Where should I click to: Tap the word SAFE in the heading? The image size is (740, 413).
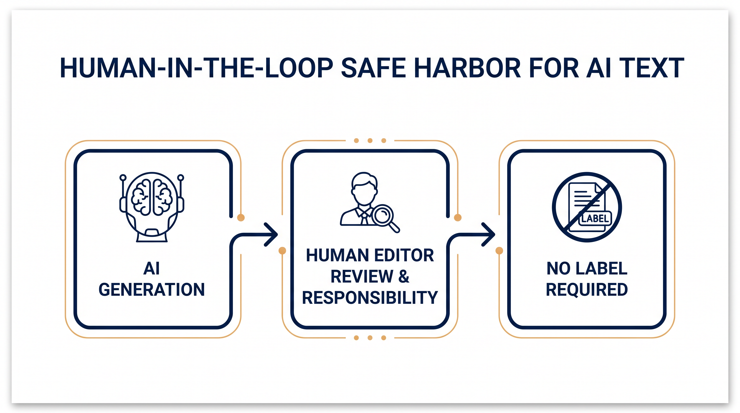(373, 68)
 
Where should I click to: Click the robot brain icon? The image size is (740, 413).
(152, 207)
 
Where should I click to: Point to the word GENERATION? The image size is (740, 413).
(152, 290)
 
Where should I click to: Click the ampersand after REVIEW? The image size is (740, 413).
(404, 276)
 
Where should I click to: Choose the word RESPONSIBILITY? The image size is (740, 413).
(370, 298)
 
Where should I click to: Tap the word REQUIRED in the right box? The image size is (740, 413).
(587, 290)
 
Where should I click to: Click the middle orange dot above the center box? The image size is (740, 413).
(370, 140)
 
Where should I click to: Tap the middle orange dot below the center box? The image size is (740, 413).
(370, 338)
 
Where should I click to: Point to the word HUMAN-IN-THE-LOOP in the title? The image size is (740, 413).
(197, 68)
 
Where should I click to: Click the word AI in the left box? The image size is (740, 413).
(151, 269)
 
